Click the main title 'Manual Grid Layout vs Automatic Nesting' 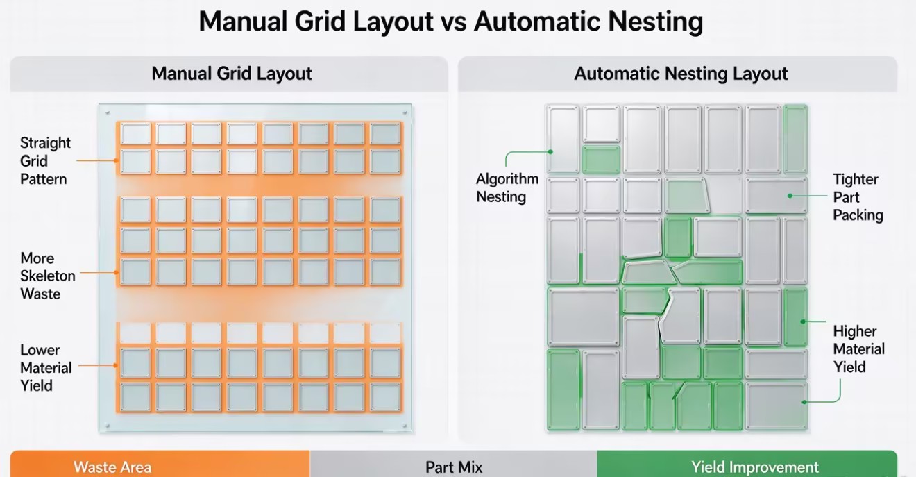[x=450, y=22]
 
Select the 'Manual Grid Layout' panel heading [x=232, y=74]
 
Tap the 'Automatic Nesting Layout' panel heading [x=681, y=74]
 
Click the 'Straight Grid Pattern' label [x=45, y=161]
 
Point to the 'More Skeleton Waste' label [x=47, y=276]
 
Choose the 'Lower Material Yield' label [x=46, y=368]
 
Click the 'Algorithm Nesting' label [x=507, y=187]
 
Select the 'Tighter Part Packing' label [x=858, y=197]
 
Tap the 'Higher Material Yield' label [x=859, y=349]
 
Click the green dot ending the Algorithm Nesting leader [x=550, y=152]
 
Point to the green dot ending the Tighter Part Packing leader [x=790, y=196]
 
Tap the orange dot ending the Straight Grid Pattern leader [x=116, y=161]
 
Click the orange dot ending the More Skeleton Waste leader [x=117, y=272]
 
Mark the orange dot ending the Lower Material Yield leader [x=116, y=365]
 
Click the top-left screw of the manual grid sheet [x=108, y=112]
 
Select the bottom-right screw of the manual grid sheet [x=405, y=426]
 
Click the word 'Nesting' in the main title [x=656, y=22]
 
